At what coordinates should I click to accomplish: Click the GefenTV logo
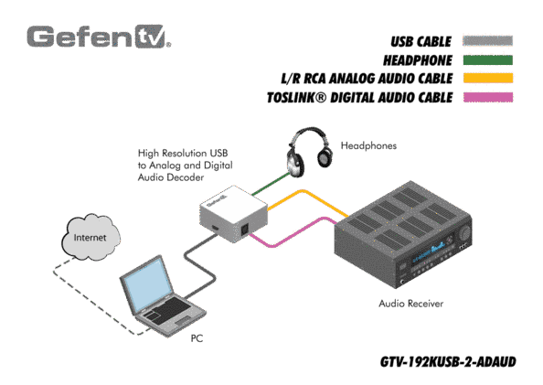(99, 37)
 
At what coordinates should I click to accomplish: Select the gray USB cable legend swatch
(487, 40)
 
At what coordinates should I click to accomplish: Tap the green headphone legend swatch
(487, 60)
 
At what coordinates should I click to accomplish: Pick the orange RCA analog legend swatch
(487, 79)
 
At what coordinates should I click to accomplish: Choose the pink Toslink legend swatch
(487, 97)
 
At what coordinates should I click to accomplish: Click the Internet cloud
(90, 237)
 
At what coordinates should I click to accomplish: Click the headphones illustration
(309, 152)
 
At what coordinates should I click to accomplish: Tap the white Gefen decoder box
(233, 214)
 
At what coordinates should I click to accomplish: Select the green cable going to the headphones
(270, 184)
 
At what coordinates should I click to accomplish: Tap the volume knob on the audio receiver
(465, 232)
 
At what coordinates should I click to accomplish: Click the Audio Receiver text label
(411, 304)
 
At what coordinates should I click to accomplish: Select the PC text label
(197, 338)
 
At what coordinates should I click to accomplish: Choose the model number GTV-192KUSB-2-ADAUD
(448, 362)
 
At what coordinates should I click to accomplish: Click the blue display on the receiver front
(429, 253)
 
